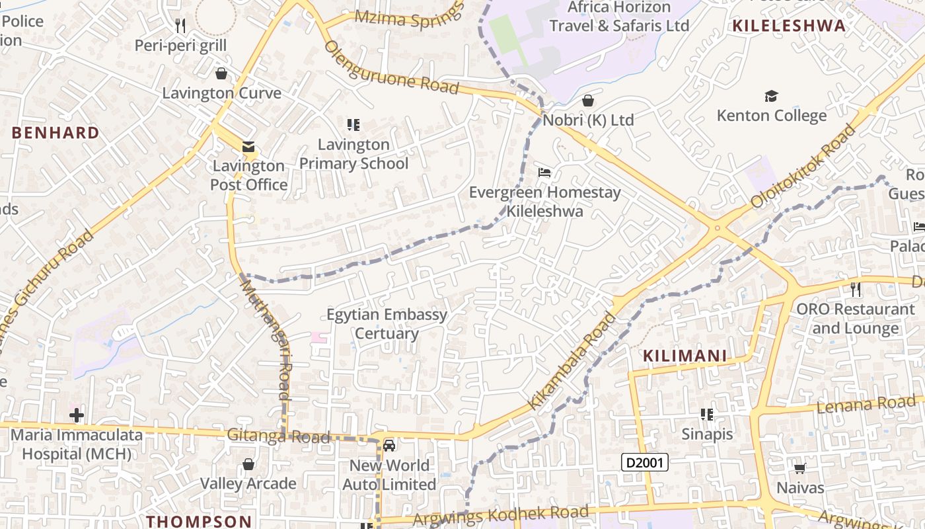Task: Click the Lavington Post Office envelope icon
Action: click(248, 147)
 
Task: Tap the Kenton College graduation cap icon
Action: click(771, 97)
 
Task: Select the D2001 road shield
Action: click(645, 462)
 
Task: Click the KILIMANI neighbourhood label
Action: click(685, 356)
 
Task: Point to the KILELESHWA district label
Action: click(789, 26)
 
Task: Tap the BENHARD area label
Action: click(55, 132)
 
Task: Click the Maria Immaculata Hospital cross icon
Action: click(77, 415)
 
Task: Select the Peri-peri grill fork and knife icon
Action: click(180, 26)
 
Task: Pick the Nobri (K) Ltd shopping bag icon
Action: click(588, 101)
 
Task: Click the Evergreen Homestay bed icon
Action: click(544, 173)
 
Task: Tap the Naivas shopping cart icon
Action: click(799, 469)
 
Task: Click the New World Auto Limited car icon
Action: click(389, 446)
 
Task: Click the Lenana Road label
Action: click(866, 404)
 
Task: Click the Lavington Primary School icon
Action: click(353, 124)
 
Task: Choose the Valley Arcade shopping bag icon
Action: click(248, 464)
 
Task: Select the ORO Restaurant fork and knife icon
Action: click(856, 289)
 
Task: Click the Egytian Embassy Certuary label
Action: click(387, 323)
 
